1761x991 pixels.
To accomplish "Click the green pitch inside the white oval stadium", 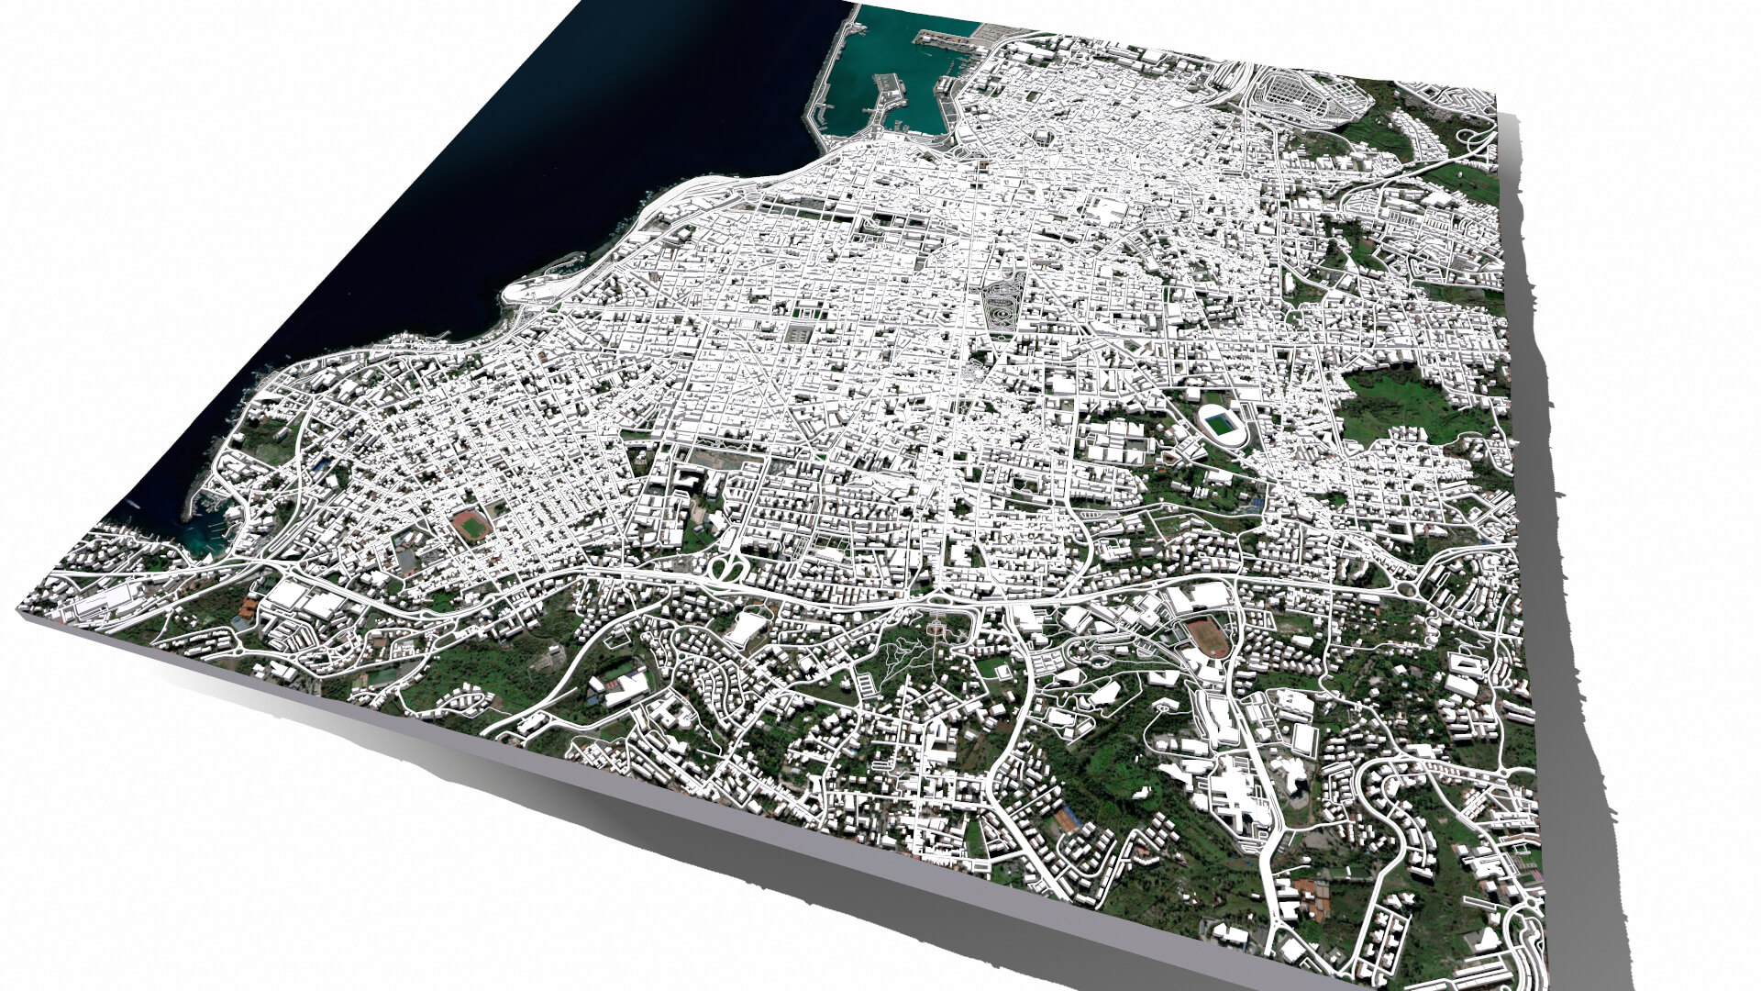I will [1221, 423].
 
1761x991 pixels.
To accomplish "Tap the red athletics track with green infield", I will [471, 525].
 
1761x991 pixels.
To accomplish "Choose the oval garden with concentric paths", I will [1000, 307].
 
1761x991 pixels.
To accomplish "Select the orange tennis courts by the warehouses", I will [249, 607].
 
